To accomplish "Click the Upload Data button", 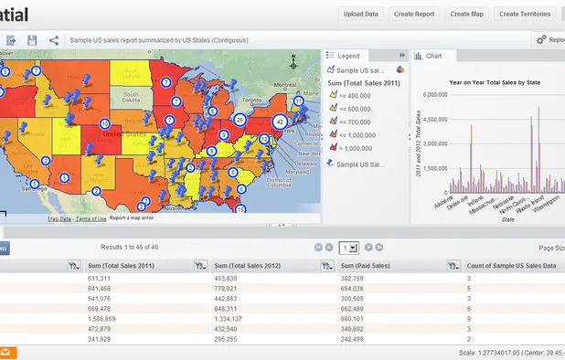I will pos(361,14).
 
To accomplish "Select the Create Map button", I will pos(467,14).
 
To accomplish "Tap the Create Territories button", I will pos(525,14).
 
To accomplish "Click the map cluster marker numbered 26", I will pos(240,119).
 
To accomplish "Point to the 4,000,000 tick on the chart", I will pos(431,118).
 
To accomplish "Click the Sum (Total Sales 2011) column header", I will pos(118,265).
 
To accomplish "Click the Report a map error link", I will pos(132,218).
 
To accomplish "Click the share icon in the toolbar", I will pos(54,40).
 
